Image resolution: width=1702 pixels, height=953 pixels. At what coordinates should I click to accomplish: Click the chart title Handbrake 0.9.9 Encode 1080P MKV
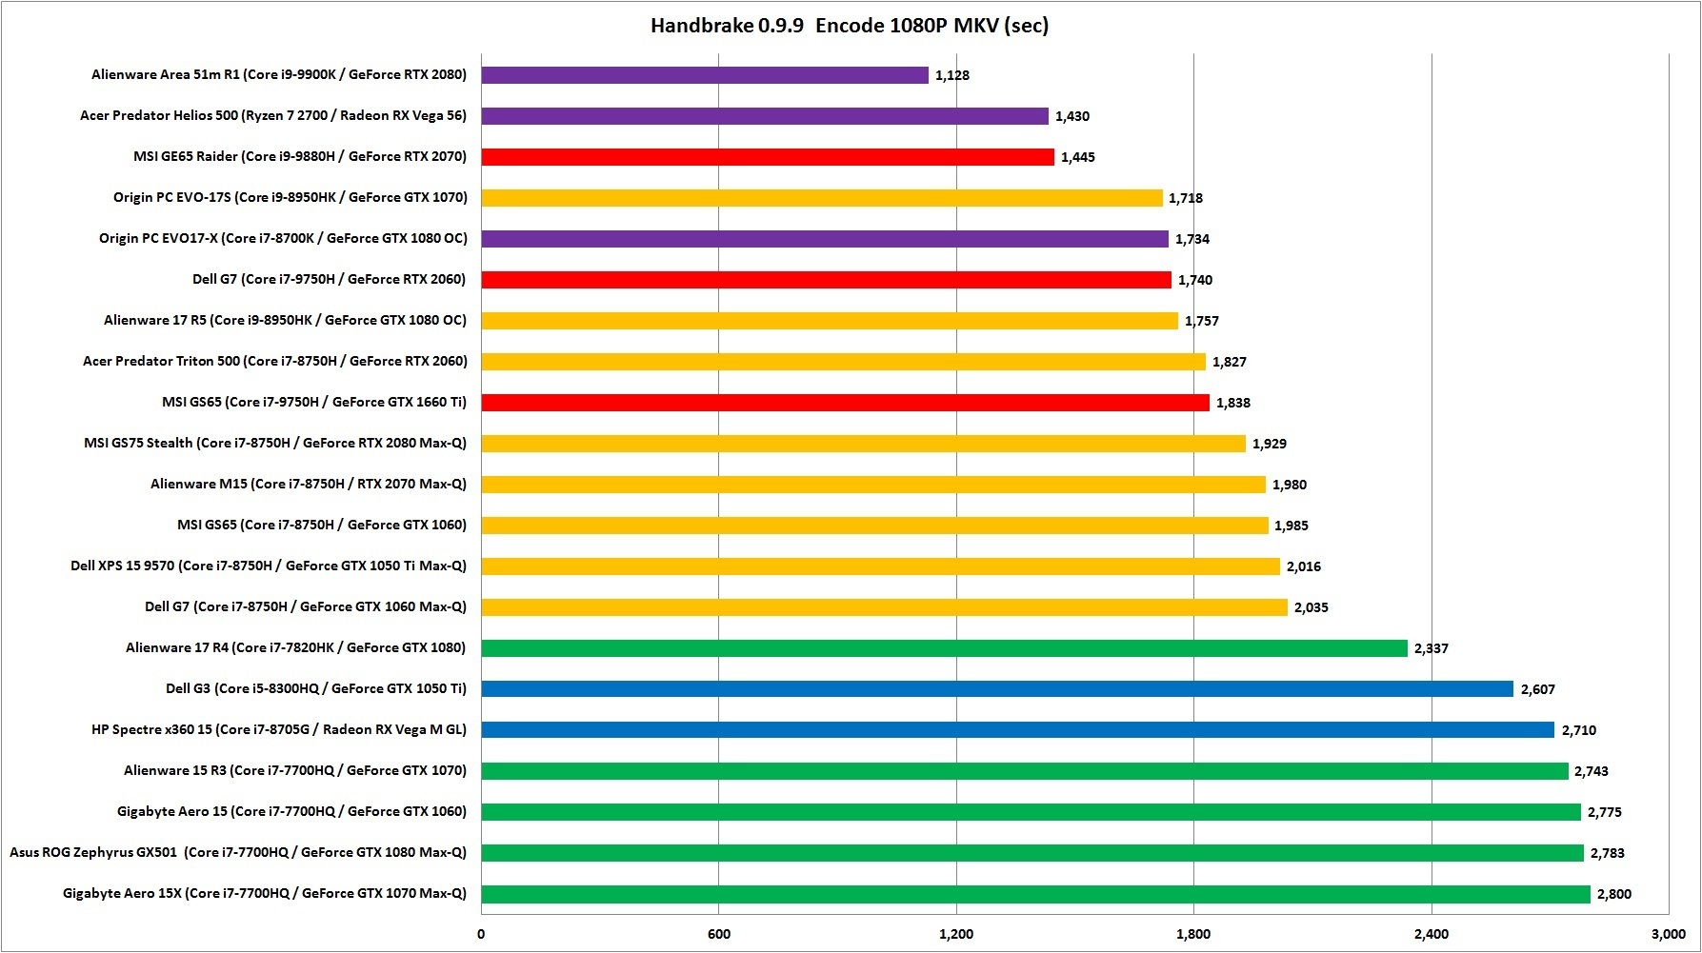[850, 26]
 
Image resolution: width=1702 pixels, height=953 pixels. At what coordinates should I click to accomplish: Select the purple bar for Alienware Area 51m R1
[705, 75]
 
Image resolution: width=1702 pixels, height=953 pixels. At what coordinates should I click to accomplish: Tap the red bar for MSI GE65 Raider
[768, 157]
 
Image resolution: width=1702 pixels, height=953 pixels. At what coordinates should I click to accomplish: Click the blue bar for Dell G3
[997, 689]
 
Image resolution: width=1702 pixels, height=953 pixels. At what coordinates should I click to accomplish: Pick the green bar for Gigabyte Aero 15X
[1035, 894]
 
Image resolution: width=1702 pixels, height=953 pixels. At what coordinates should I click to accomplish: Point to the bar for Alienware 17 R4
[944, 648]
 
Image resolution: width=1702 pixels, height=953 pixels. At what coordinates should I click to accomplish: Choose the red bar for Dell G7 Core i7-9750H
[826, 280]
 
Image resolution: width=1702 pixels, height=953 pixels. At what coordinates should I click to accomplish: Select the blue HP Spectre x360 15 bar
[1017, 730]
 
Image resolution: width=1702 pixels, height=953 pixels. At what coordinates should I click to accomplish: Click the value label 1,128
[952, 75]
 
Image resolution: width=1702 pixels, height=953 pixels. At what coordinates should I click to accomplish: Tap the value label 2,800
[1614, 894]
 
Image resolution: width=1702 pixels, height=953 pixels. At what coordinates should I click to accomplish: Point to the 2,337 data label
[1432, 648]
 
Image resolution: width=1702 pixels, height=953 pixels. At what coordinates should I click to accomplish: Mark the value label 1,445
[1078, 157]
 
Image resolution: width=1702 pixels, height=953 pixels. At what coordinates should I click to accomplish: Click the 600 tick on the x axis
[719, 934]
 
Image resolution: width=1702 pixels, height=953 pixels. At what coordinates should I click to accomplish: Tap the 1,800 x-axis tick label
[1193, 934]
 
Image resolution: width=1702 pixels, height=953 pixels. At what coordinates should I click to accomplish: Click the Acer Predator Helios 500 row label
[273, 116]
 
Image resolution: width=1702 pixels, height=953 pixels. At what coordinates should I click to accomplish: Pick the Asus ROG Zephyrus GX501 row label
[238, 853]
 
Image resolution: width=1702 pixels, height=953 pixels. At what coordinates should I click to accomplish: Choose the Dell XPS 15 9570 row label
[269, 566]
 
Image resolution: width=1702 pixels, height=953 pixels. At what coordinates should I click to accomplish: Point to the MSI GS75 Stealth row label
[275, 444]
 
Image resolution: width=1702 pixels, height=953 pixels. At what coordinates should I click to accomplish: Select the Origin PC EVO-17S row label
[290, 198]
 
